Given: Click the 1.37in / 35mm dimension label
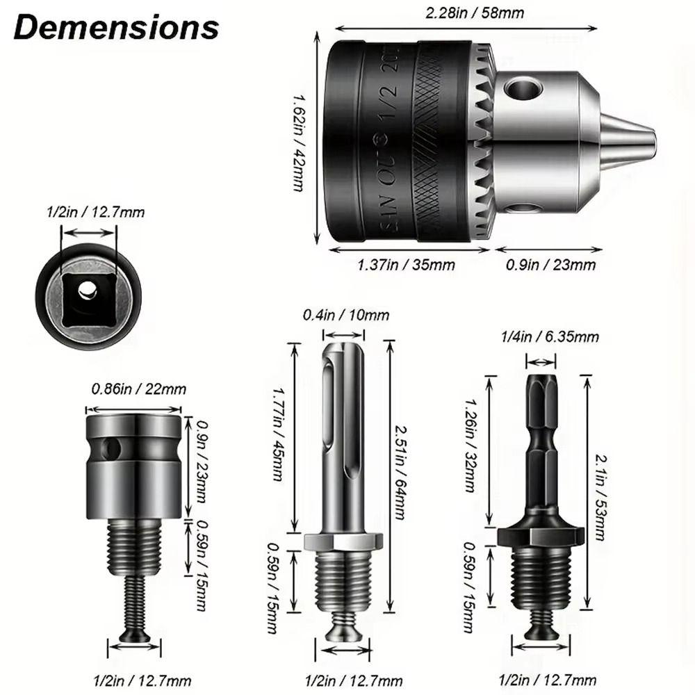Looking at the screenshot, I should (x=407, y=265).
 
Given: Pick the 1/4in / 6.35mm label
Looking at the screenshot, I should (x=550, y=337).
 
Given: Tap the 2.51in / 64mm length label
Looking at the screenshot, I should (x=400, y=473).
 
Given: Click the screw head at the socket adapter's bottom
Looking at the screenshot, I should (x=134, y=636).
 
